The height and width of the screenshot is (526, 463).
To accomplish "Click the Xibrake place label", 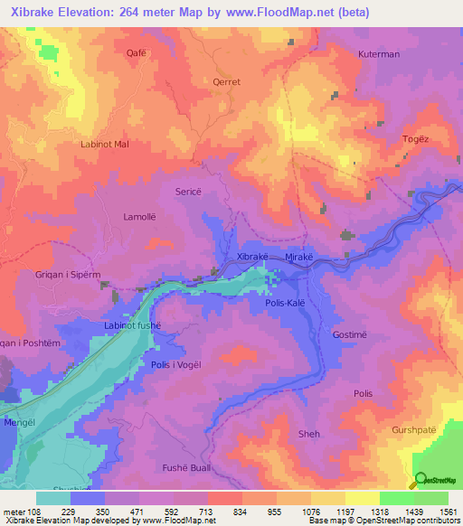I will coord(252,258).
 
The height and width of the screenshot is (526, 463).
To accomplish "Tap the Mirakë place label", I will coord(298,258).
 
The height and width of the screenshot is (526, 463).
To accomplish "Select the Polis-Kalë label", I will coord(289,305).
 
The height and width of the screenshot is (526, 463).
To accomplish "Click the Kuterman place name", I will coord(378,54).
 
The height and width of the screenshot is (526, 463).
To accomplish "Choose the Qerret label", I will coord(227,81).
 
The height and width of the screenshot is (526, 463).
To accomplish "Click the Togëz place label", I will coord(413,139).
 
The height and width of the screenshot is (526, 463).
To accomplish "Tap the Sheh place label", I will coord(308,434).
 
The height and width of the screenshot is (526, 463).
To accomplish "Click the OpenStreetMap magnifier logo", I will coord(420,480).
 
